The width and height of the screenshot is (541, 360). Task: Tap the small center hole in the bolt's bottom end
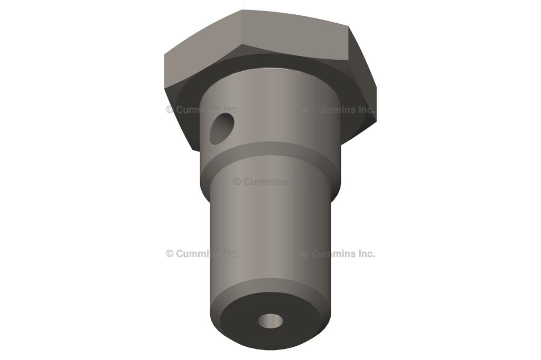270,320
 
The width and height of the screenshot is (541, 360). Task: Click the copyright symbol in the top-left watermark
170,110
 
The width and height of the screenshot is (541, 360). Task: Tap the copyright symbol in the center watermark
237,182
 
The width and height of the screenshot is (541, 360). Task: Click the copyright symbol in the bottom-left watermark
170,253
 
